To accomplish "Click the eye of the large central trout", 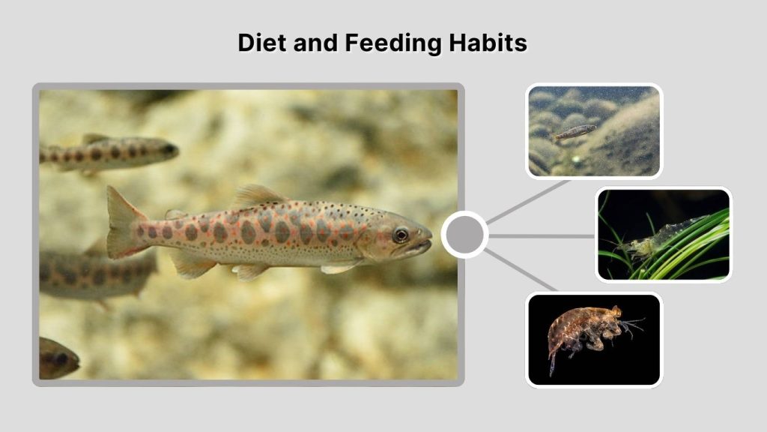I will pyautogui.click(x=401, y=235).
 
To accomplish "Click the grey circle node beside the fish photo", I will pyautogui.click(x=464, y=235).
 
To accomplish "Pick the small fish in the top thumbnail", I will pyautogui.click(x=575, y=132).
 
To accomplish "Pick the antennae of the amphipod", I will pyautogui.click(x=633, y=324).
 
